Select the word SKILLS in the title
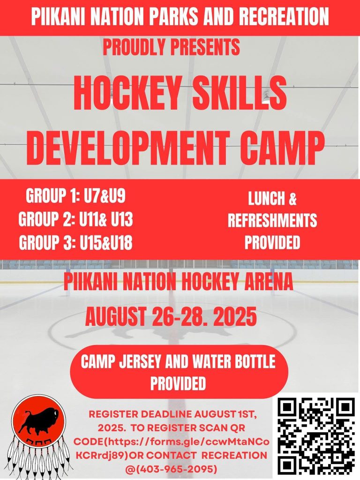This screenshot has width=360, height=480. pos(238,93)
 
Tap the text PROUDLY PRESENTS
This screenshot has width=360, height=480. pos(172,47)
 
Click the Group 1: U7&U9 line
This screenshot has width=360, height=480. pos(75,196)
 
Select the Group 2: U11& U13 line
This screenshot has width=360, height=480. pos(75,219)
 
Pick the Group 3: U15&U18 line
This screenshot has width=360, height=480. pos(75,242)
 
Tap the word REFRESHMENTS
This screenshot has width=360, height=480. pos(272,220)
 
